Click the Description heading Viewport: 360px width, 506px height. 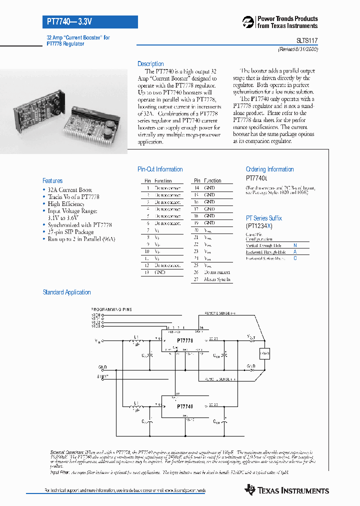click(x=150, y=64)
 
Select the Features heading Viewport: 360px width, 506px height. click(x=52, y=181)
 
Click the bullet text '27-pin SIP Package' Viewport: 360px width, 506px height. click(x=70, y=232)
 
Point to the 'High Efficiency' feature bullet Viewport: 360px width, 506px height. click(x=66, y=204)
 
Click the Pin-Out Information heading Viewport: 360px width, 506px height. click(x=160, y=169)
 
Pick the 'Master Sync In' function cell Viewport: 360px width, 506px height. click(x=217, y=279)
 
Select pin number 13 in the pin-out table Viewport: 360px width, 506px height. click(x=147, y=272)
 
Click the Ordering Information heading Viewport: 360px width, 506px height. click(x=269, y=169)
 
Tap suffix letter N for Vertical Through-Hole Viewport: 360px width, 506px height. click(x=295, y=245)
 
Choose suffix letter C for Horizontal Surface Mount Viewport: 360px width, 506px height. click(x=295, y=258)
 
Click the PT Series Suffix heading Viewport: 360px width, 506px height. click(x=263, y=218)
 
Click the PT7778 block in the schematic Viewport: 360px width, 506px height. click(x=185, y=340)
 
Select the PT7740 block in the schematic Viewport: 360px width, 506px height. click(x=185, y=406)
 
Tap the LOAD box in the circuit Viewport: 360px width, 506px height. click(x=264, y=354)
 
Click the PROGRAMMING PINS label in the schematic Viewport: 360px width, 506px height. click(x=111, y=310)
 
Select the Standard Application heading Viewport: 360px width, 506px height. click(x=67, y=292)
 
